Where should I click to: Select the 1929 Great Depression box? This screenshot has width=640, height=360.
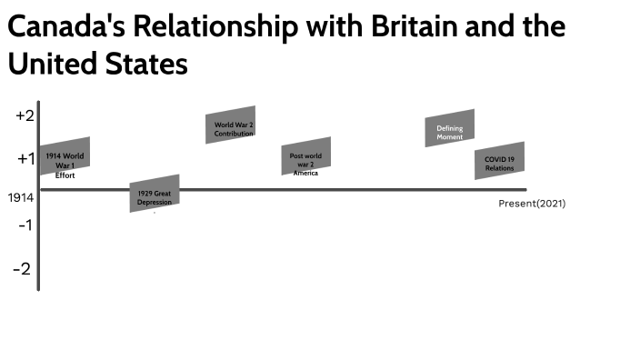click(155, 195)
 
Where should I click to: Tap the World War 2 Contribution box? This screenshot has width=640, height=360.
click(231, 125)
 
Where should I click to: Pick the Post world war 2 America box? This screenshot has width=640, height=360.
click(305, 156)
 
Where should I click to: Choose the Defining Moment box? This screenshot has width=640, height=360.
click(450, 128)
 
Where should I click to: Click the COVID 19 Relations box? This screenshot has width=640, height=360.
click(499, 161)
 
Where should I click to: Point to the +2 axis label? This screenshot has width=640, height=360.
click(25, 115)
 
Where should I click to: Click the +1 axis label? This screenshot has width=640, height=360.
click(25, 159)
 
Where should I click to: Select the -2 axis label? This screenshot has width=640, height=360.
click(22, 269)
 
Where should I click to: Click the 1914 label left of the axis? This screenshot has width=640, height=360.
click(21, 197)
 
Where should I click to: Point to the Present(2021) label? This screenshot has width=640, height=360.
click(532, 204)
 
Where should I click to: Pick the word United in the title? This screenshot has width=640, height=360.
click(53, 65)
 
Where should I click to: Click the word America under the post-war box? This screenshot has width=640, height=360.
click(305, 173)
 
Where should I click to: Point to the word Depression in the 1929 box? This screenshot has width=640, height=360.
click(155, 202)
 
